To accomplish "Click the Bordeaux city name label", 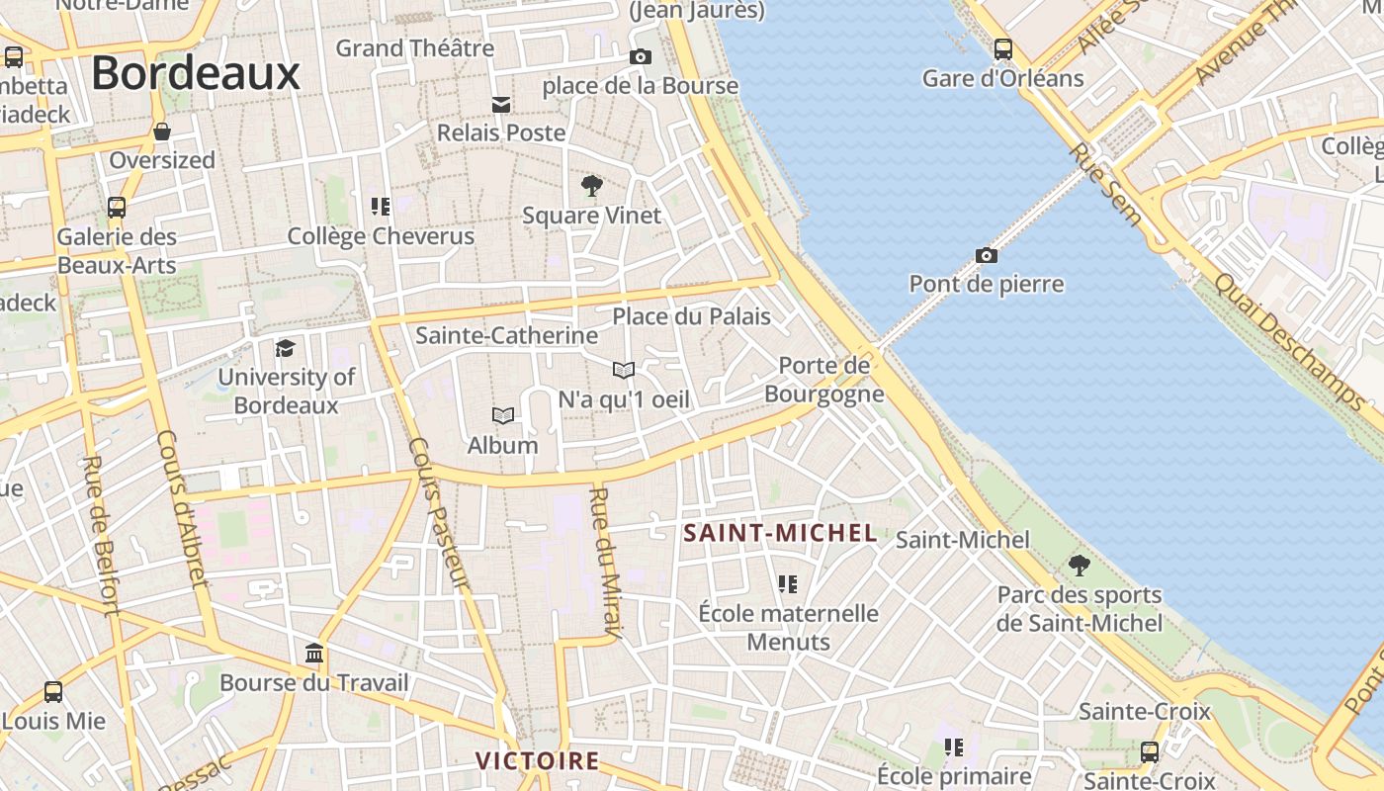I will [x=196, y=74].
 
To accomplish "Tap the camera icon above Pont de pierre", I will [x=986, y=256].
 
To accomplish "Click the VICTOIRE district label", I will [x=538, y=760].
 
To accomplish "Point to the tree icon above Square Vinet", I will [x=591, y=185].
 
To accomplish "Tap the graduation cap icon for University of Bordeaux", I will [x=286, y=348].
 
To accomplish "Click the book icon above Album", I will [x=503, y=416].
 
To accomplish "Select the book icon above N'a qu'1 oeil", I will [x=623, y=371].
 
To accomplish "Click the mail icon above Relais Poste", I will [x=501, y=104].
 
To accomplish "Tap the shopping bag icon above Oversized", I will [x=162, y=132].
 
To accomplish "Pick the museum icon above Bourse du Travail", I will [x=314, y=654].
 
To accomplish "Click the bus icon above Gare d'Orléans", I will [x=1003, y=48].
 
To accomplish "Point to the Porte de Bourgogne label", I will [x=823, y=380].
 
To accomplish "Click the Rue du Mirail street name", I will [x=606, y=562].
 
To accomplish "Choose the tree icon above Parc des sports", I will [x=1080, y=566].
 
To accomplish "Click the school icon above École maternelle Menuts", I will [x=788, y=584].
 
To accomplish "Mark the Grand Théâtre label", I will [x=415, y=47].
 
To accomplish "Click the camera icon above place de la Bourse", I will [x=641, y=57].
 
